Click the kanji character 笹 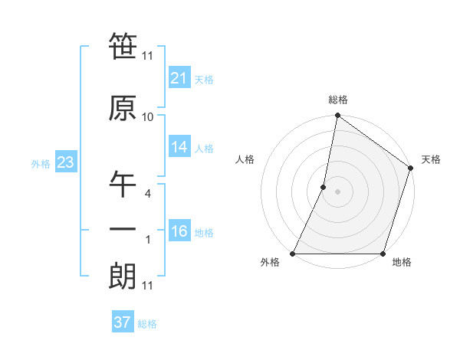[x=123, y=47]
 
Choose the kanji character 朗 [x=123, y=277]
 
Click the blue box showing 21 [x=179, y=78]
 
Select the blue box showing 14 [x=179, y=148]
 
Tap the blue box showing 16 [x=179, y=232]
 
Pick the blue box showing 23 [x=64, y=163]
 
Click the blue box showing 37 [x=123, y=322]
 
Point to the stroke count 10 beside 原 [x=148, y=117]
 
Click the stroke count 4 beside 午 [x=148, y=194]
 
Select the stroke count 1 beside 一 [x=148, y=241]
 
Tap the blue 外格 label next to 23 [x=41, y=164]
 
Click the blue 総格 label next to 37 [x=147, y=324]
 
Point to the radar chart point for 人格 [x=324, y=187]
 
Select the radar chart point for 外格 [x=293, y=254]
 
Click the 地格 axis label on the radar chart [x=402, y=263]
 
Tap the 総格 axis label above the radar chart [x=338, y=100]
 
